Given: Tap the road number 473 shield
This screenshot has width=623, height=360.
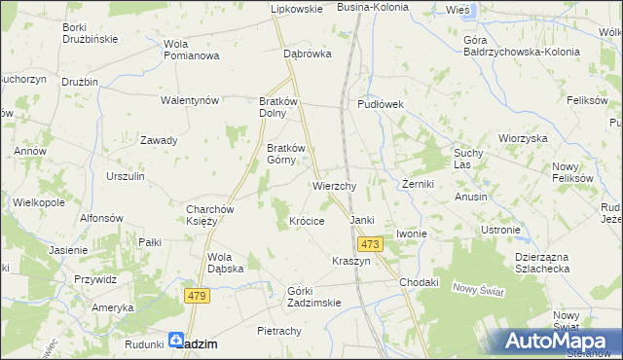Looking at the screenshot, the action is coord(369,244).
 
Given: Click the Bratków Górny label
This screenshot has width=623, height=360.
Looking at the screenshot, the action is coord(286,155).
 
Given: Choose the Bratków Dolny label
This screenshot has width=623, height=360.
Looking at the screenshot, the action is coord(283,106).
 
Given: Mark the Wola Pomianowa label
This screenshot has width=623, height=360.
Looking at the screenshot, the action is coord(191,50).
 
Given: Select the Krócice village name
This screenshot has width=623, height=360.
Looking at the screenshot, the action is coord(307,221).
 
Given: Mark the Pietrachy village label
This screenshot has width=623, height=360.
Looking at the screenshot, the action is coord(278,332).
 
